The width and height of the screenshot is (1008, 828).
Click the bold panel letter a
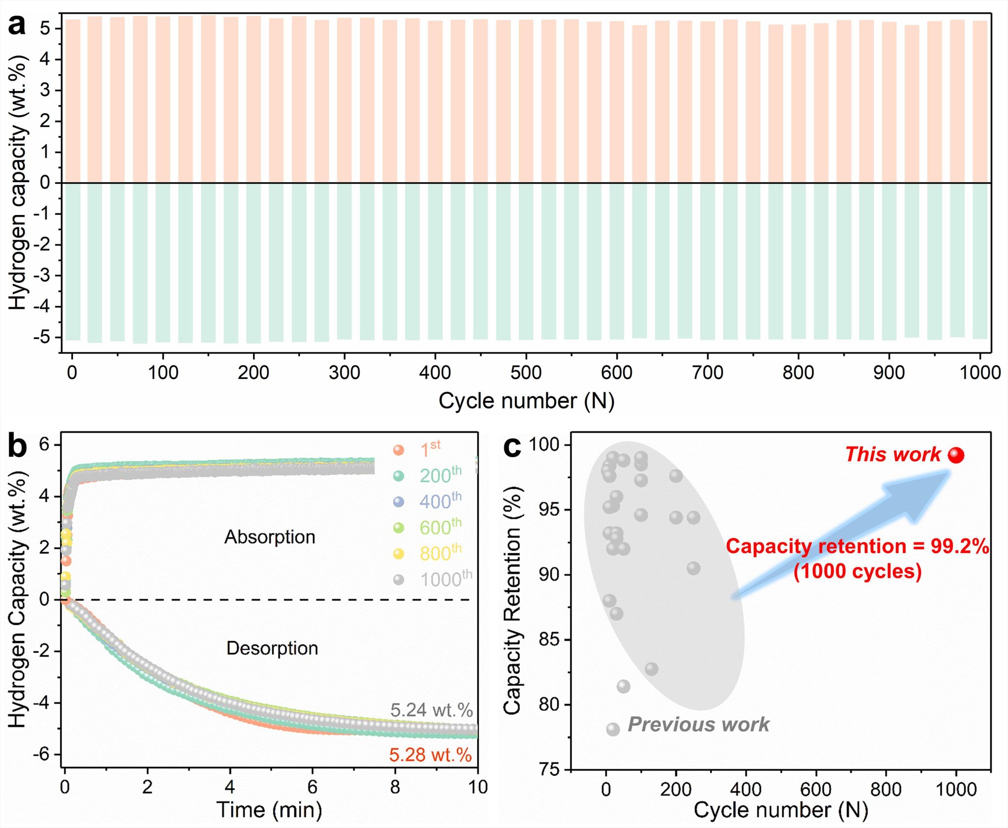[17, 25]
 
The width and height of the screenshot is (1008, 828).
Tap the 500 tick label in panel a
[526, 372]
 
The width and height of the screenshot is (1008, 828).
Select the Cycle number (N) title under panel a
[526, 401]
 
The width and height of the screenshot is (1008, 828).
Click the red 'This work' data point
[956, 455]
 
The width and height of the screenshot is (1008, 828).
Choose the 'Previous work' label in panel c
[698, 725]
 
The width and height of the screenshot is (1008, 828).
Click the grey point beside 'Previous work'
[613, 729]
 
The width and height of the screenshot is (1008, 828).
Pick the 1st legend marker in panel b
[399, 450]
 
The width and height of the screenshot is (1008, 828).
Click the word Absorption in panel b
[270, 537]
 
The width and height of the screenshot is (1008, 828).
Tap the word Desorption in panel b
[272, 648]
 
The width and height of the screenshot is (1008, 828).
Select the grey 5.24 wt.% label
[431, 710]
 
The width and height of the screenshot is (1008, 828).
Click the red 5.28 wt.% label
[430, 755]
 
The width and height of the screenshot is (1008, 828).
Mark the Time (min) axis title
[269, 810]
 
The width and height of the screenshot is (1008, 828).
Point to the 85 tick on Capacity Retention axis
[549, 640]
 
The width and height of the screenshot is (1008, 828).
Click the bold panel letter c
[512, 446]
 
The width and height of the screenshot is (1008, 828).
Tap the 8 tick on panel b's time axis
[395, 787]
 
